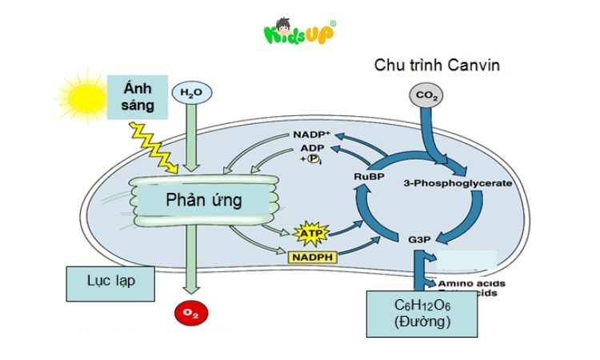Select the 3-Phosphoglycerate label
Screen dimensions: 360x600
click(x=458, y=183)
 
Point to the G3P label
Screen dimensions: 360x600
click(x=416, y=238)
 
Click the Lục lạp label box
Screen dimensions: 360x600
click(x=110, y=283)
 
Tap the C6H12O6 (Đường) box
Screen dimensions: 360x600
click(x=422, y=314)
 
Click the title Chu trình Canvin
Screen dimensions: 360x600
click(x=437, y=65)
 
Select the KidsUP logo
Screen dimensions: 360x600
click(x=299, y=34)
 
